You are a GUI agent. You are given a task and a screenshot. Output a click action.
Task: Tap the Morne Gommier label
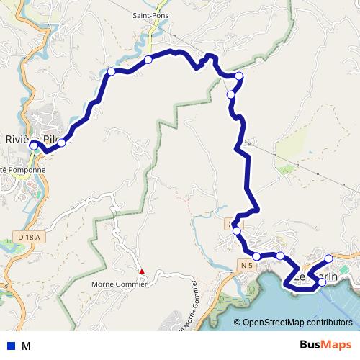(x=120, y=284)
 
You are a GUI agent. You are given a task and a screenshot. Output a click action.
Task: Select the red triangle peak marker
(x=142, y=271)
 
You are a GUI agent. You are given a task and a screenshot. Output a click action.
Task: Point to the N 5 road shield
(x=246, y=266)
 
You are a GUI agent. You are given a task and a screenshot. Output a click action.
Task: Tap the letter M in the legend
(x=26, y=346)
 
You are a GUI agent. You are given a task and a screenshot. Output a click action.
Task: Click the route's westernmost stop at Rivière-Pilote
(x=33, y=145)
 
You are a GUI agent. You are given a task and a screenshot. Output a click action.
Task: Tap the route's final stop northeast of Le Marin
(x=329, y=258)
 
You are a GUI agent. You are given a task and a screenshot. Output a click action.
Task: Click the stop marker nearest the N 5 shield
(x=256, y=256)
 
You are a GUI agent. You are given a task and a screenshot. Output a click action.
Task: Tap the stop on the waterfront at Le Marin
(x=322, y=283)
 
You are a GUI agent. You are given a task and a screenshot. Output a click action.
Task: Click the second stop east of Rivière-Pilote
(x=111, y=71)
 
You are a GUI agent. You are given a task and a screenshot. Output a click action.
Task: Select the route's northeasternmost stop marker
(x=239, y=76)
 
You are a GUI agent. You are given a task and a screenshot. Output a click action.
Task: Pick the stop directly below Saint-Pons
(x=148, y=60)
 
